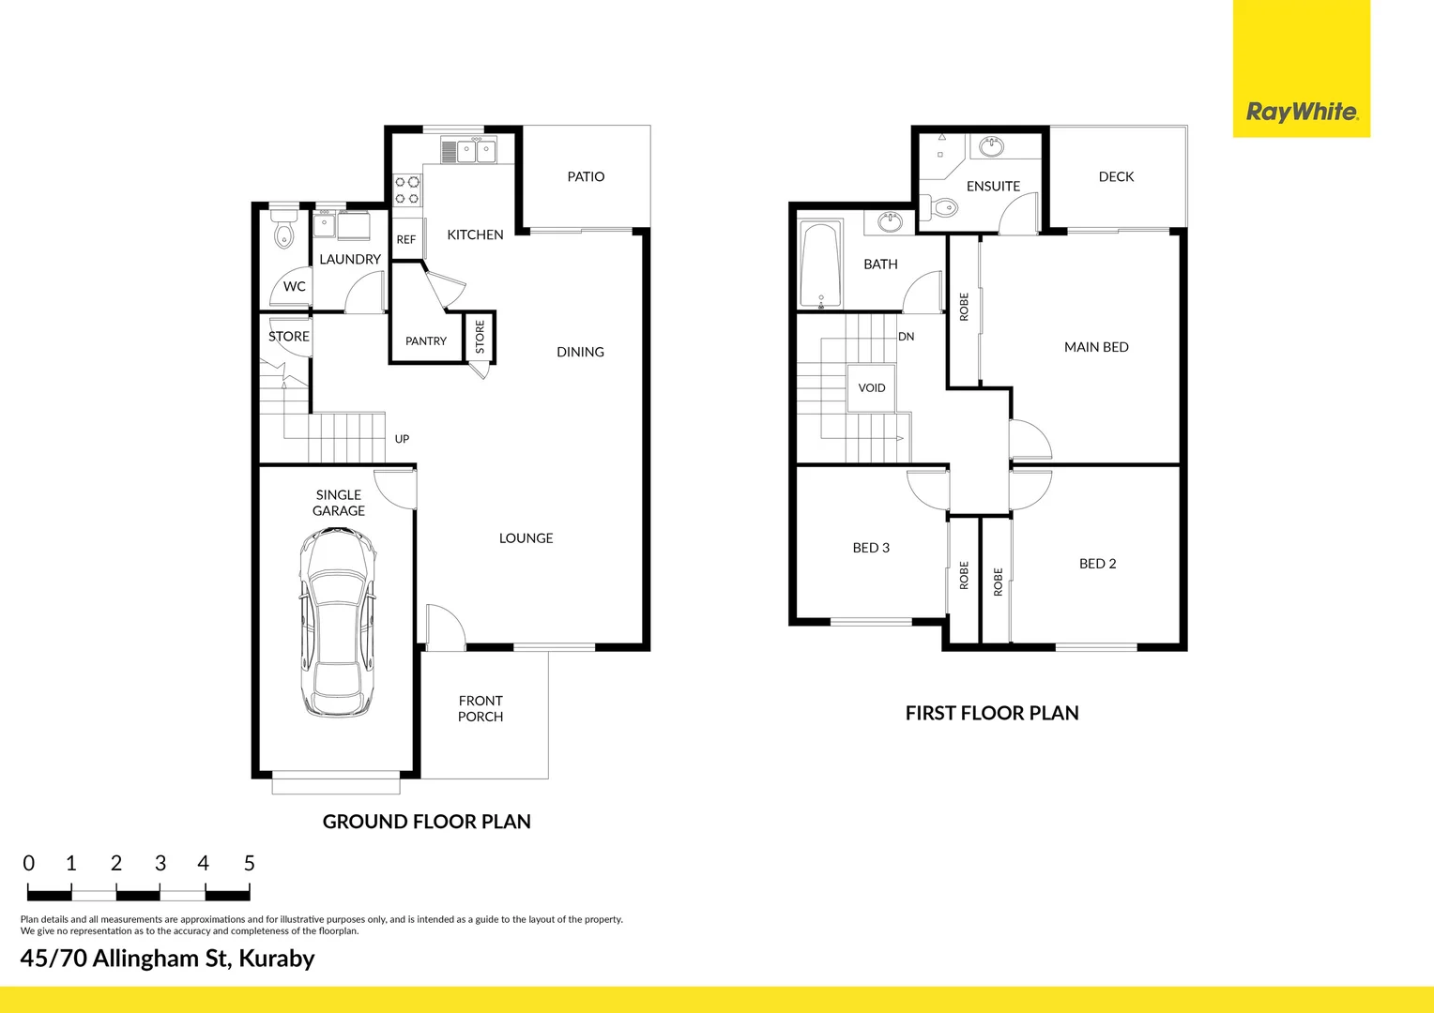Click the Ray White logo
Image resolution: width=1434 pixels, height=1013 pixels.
(1301, 113)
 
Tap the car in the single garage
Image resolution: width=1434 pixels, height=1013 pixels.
(337, 623)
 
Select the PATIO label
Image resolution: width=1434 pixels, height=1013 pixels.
(586, 176)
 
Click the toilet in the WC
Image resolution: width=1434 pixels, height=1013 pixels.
(283, 230)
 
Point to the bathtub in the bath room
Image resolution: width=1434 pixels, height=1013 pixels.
(821, 265)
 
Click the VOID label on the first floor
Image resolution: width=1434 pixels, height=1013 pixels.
(872, 387)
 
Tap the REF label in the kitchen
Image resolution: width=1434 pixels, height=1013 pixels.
(405, 239)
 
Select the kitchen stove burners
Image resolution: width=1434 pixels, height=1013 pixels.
(406, 190)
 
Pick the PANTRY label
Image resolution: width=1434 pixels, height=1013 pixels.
(426, 340)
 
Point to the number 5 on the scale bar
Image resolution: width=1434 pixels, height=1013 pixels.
(249, 863)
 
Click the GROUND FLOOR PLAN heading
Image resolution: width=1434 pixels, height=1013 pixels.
(427, 822)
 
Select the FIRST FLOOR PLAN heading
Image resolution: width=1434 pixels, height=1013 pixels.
(992, 713)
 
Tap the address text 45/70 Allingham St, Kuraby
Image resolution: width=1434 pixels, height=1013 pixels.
(167, 958)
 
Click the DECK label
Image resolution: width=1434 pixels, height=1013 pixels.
(1116, 176)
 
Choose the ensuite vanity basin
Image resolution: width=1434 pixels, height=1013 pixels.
(991, 146)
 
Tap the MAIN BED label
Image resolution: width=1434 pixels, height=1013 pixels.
(1096, 347)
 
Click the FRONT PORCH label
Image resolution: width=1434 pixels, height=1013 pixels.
(481, 708)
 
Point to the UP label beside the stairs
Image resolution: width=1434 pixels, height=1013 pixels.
(402, 438)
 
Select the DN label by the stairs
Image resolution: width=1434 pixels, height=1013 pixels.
(906, 336)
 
